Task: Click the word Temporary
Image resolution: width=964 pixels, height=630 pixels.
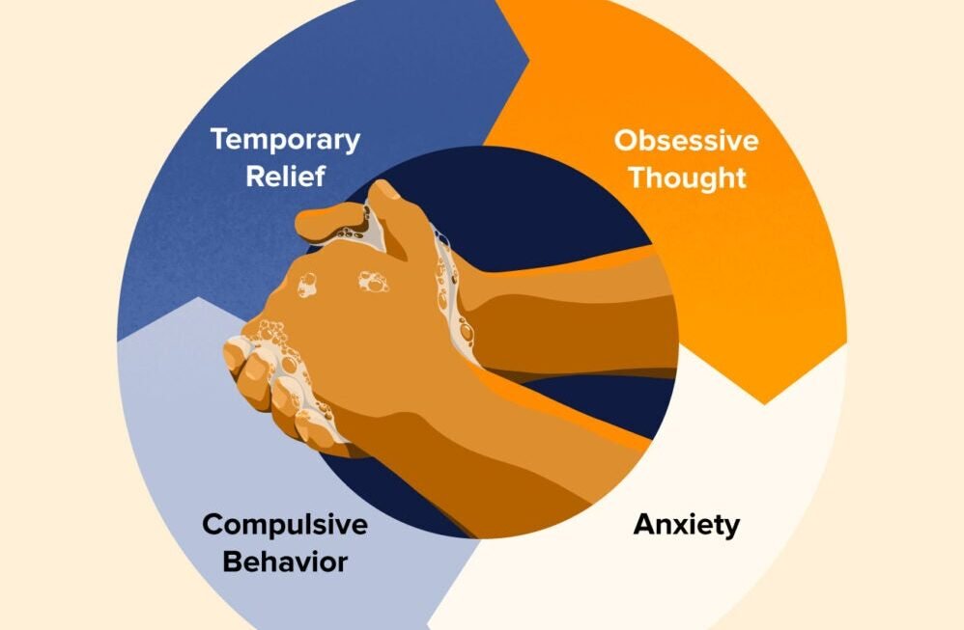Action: point(285,141)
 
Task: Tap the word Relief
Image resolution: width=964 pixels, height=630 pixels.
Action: point(285,176)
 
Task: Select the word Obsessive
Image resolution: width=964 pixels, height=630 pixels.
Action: point(686,140)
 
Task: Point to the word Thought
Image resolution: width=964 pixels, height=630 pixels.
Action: point(687,178)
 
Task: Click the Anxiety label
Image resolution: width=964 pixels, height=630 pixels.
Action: point(687,525)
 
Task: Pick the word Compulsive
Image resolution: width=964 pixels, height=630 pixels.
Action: point(285,525)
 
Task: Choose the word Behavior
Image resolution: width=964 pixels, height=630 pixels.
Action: point(285,562)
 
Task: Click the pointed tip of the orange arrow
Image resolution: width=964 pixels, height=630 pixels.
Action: point(765,403)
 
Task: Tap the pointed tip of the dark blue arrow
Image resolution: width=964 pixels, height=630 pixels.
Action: point(528,60)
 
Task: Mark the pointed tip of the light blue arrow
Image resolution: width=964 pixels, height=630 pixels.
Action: point(198,298)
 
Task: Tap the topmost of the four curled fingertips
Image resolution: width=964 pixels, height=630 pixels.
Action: point(235,354)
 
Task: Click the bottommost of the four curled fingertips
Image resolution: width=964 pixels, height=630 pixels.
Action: point(309,425)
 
